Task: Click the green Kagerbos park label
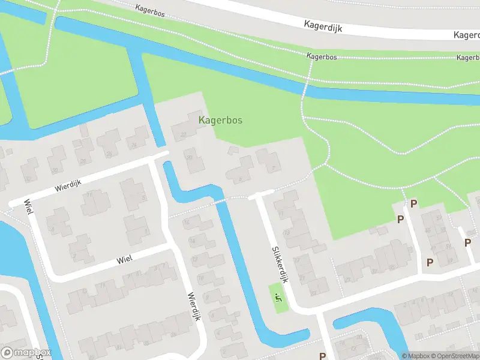(x=220, y=120)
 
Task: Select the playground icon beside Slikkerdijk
(x=277, y=296)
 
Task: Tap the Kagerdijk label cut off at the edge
(x=466, y=35)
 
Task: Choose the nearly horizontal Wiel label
(x=124, y=257)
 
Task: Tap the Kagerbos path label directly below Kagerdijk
(x=321, y=56)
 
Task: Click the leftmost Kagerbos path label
(x=151, y=8)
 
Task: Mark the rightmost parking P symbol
(x=467, y=242)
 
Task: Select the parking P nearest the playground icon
(x=322, y=355)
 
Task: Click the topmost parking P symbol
(x=413, y=203)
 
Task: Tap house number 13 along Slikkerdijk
(x=287, y=232)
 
